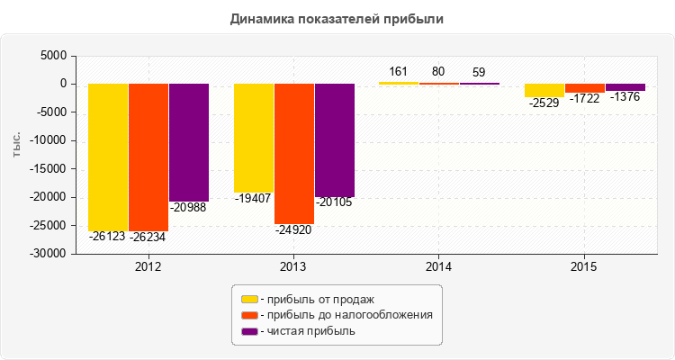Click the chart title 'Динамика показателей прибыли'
point(337,18)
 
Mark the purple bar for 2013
point(335,139)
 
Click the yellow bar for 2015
point(544,90)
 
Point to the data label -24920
point(294,231)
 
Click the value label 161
point(399,71)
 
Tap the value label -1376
point(625,97)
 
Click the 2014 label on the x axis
point(439,267)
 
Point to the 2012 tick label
point(148,267)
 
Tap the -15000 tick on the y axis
point(49,169)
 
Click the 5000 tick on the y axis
point(55,56)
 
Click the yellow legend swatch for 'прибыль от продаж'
point(248,299)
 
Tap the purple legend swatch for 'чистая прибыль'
point(248,331)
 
